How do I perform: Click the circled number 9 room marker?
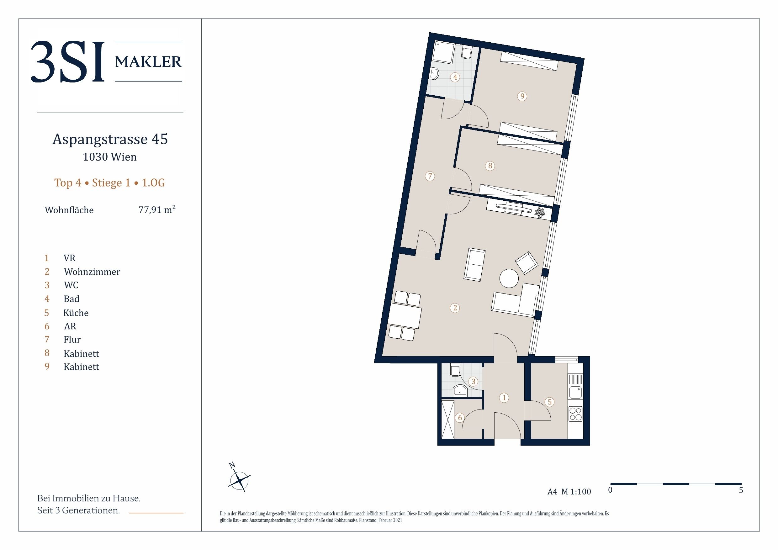522,96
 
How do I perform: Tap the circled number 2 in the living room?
455,308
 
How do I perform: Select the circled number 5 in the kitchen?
549,402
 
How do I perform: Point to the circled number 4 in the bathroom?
455,77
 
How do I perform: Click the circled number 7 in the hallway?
430,176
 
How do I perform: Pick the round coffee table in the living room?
509,278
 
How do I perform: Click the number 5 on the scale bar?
741,490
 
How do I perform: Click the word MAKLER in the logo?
148,62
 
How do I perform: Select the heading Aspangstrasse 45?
110,139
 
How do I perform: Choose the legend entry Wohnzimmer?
92,272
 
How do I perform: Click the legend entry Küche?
76,312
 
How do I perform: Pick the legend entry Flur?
72,339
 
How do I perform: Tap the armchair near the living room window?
527,263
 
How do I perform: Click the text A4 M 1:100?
569,491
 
